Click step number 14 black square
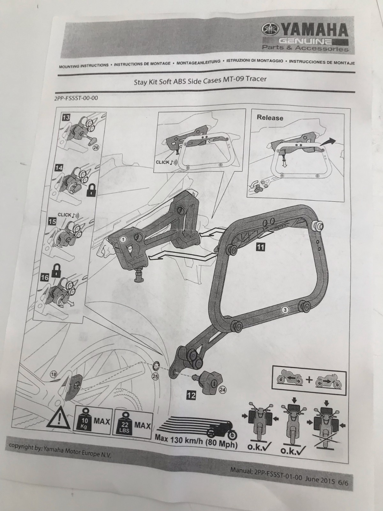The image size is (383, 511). point(59,168)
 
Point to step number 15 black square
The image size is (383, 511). point(53,221)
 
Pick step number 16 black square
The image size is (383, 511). point(45,278)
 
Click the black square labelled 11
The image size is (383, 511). point(260,247)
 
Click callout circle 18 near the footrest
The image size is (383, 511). point(54,375)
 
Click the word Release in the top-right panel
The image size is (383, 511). point(270,118)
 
